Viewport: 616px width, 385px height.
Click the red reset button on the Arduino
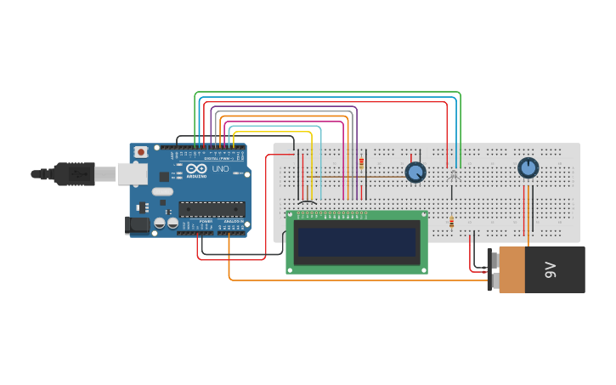[x=140, y=152]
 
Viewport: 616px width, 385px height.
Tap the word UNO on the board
[x=220, y=169]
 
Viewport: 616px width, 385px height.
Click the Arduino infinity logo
[x=196, y=169]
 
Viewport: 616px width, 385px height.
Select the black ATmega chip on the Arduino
[x=212, y=208]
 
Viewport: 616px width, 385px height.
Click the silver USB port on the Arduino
[x=131, y=173]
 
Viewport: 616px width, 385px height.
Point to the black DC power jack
[x=137, y=225]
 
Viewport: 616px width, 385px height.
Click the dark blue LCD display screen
[x=357, y=241]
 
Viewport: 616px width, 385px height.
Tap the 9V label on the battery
[x=550, y=270]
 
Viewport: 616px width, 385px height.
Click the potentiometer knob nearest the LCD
[x=415, y=173]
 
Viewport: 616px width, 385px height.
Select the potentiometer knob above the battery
[x=528, y=168]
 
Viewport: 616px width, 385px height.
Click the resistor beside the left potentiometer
[x=361, y=162]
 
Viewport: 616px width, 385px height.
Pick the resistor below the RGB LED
[x=451, y=223]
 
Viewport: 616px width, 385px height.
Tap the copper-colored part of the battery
[x=511, y=270]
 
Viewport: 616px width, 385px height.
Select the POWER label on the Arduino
[x=206, y=222]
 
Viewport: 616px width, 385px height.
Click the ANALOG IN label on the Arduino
[x=233, y=222]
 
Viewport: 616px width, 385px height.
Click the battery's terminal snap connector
[x=490, y=270]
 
